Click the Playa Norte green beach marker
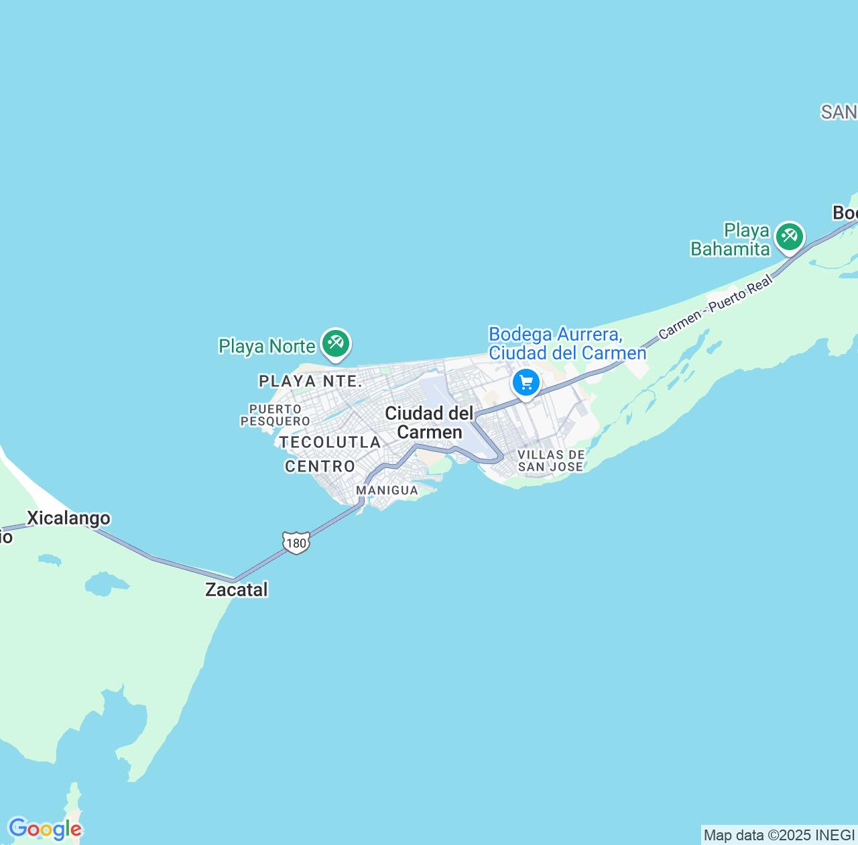pyautogui.click(x=335, y=343)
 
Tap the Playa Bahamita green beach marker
pyautogui.click(x=790, y=237)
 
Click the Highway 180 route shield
pyautogui.click(x=296, y=542)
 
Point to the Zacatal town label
pyautogui.click(x=236, y=589)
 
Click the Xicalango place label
pyautogui.click(x=68, y=518)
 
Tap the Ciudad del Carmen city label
pyautogui.click(x=429, y=422)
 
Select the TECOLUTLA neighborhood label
pyautogui.click(x=330, y=442)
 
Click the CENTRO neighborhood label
pyautogui.click(x=320, y=466)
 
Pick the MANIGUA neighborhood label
pyautogui.click(x=387, y=490)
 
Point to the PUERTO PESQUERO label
pyautogui.click(x=275, y=414)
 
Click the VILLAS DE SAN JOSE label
pyautogui.click(x=551, y=460)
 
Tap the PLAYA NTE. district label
pyautogui.click(x=310, y=381)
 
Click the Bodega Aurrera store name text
pyautogui.click(x=567, y=343)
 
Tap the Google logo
pyautogui.click(x=44, y=830)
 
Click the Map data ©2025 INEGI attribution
pyautogui.click(x=780, y=836)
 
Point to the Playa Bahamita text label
pyautogui.click(x=730, y=239)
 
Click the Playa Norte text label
pyautogui.click(x=267, y=346)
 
